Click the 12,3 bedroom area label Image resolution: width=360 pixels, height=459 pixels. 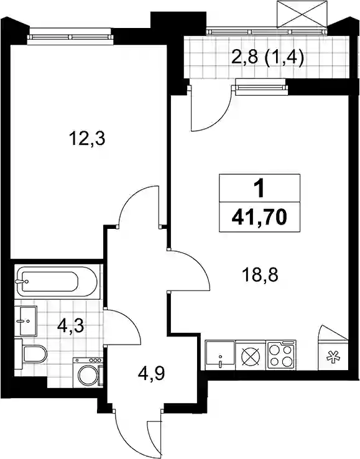click(x=87, y=139)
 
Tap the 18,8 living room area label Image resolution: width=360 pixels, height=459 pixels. click(x=260, y=275)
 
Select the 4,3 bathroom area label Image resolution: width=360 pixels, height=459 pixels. click(x=70, y=326)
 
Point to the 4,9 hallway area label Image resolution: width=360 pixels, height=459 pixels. click(x=152, y=374)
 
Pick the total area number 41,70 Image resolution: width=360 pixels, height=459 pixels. click(x=259, y=218)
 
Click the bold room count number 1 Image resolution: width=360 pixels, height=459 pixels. click(x=260, y=189)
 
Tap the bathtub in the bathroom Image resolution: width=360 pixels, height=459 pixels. click(x=56, y=281)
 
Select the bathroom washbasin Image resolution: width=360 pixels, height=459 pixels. click(x=25, y=321)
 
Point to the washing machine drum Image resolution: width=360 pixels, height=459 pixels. click(x=87, y=374)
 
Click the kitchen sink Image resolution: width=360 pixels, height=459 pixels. click(x=220, y=355)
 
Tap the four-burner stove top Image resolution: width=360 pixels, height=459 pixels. click(x=281, y=355)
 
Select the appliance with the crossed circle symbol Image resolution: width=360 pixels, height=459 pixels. click(x=251, y=355)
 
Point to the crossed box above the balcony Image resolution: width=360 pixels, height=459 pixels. click(x=302, y=14)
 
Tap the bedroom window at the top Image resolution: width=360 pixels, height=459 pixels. click(x=70, y=37)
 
